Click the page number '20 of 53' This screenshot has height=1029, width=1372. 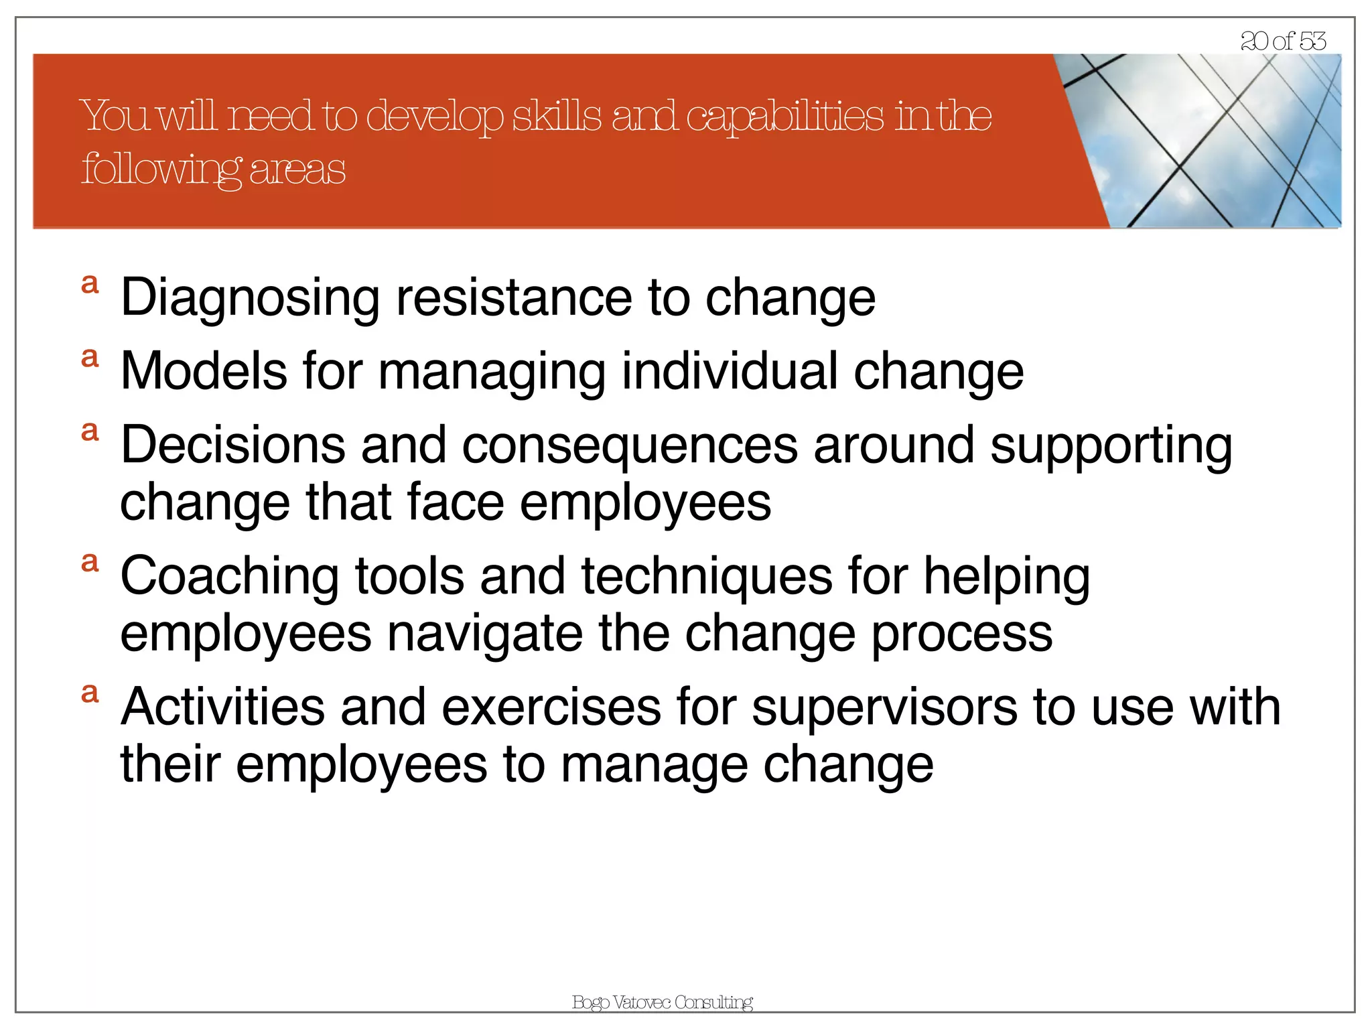(1283, 42)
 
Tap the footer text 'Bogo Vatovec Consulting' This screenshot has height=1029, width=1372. (663, 1002)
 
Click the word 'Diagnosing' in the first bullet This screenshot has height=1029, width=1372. (250, 298)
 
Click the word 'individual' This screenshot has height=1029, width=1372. (730, 371)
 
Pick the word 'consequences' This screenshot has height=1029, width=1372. (630, 445)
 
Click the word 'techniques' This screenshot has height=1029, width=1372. (707, 576)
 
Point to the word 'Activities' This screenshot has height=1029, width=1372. (223, 707)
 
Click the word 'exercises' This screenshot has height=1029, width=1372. (551, 707)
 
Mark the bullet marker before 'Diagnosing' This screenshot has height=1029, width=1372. (90, 285)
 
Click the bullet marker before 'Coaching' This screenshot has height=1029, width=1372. (90, 563)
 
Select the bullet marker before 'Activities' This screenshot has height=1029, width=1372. (90, 693)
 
